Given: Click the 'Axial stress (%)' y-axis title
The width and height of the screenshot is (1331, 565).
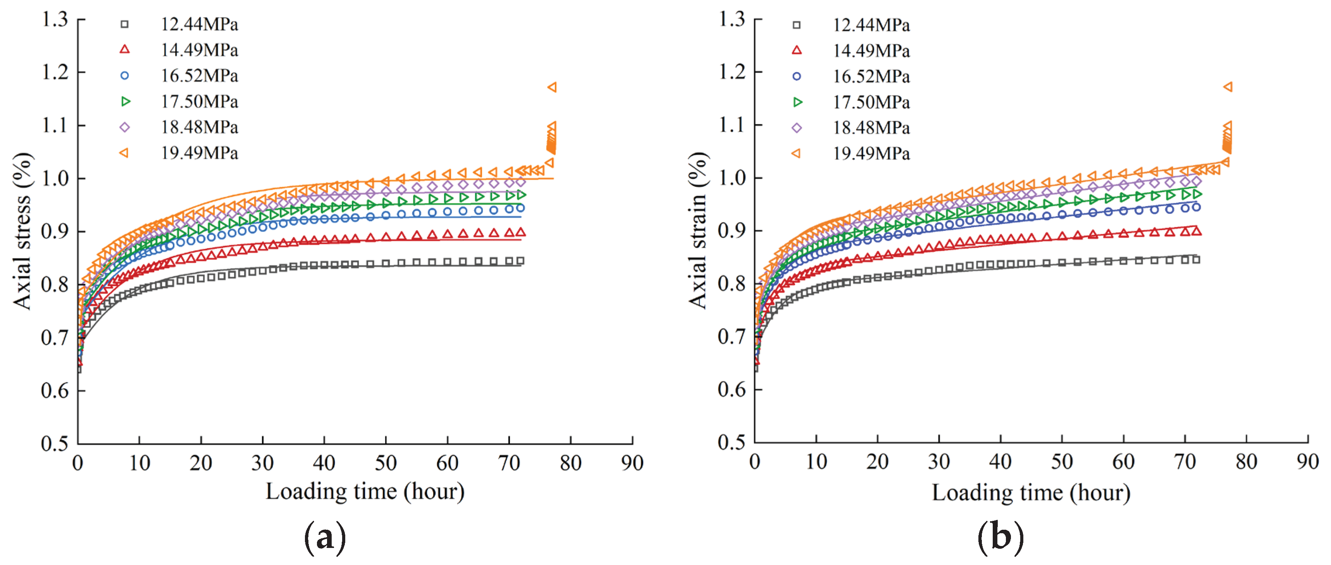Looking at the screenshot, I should click(22, 231).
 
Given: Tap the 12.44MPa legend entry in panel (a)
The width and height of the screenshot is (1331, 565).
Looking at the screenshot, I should click(199, 24).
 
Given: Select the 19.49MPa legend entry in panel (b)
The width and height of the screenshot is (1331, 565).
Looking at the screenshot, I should click(871, 153).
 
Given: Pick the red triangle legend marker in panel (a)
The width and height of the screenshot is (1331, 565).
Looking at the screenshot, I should click(124, 50).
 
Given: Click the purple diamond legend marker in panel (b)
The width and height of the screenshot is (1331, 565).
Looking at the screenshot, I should click(797, 127).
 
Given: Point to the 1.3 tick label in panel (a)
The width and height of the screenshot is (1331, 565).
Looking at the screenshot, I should click(55, 20).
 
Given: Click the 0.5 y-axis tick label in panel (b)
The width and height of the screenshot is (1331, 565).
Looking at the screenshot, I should click(731, 442).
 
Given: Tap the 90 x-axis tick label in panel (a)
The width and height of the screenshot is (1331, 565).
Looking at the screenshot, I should click(632, 463).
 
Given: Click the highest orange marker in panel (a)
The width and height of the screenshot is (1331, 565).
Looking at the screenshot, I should click(552, 87).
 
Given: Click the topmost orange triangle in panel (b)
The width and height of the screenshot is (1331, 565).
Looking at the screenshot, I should click(1228, 86).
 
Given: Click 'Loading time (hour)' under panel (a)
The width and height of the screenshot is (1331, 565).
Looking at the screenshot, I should click(365, 491).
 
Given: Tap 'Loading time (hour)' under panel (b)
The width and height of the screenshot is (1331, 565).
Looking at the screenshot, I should click(1031, 492).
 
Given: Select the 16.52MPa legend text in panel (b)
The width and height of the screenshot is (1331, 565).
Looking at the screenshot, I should click(871, 76).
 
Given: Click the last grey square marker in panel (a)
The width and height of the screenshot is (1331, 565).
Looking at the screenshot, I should click(520, 260).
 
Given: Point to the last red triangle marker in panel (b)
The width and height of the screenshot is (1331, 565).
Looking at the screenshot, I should click(1196, 231).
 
